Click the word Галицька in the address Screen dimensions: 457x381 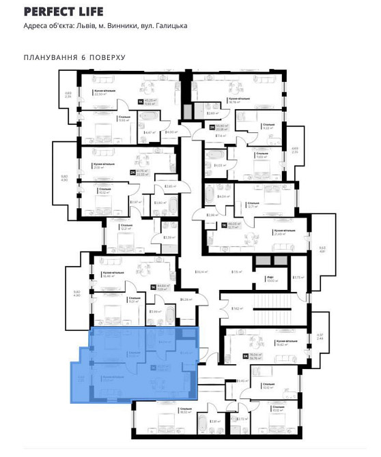click(171, 27)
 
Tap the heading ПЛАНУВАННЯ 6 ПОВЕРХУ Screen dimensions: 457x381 click(74, 57)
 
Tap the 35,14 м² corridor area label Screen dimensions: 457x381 click(201, 272)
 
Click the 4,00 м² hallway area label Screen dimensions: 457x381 click(171, 132)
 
